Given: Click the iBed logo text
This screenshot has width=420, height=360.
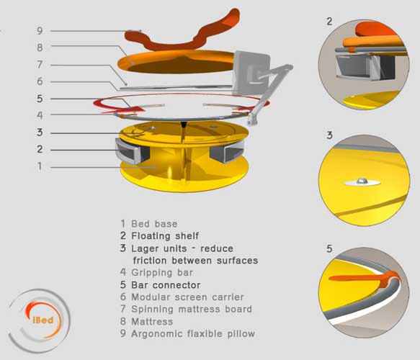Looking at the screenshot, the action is pos(43,320).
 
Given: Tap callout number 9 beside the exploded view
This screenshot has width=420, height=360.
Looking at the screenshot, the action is pos(40,30).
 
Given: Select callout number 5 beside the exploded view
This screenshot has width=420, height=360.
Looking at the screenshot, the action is pos(40,99).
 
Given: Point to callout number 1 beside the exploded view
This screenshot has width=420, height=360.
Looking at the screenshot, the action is pos(40,166).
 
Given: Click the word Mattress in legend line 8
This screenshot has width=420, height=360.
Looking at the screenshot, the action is pos(152,321).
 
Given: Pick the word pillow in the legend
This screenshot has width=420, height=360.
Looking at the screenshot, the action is pos(241,334).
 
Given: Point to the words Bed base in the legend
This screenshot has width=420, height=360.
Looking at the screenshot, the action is pos(154,224).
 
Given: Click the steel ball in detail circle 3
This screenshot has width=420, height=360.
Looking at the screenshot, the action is pos(362,181).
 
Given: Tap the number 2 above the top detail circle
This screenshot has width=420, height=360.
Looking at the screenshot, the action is pos(329,22).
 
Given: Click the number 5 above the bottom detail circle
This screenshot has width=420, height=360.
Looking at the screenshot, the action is pos(329,249).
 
